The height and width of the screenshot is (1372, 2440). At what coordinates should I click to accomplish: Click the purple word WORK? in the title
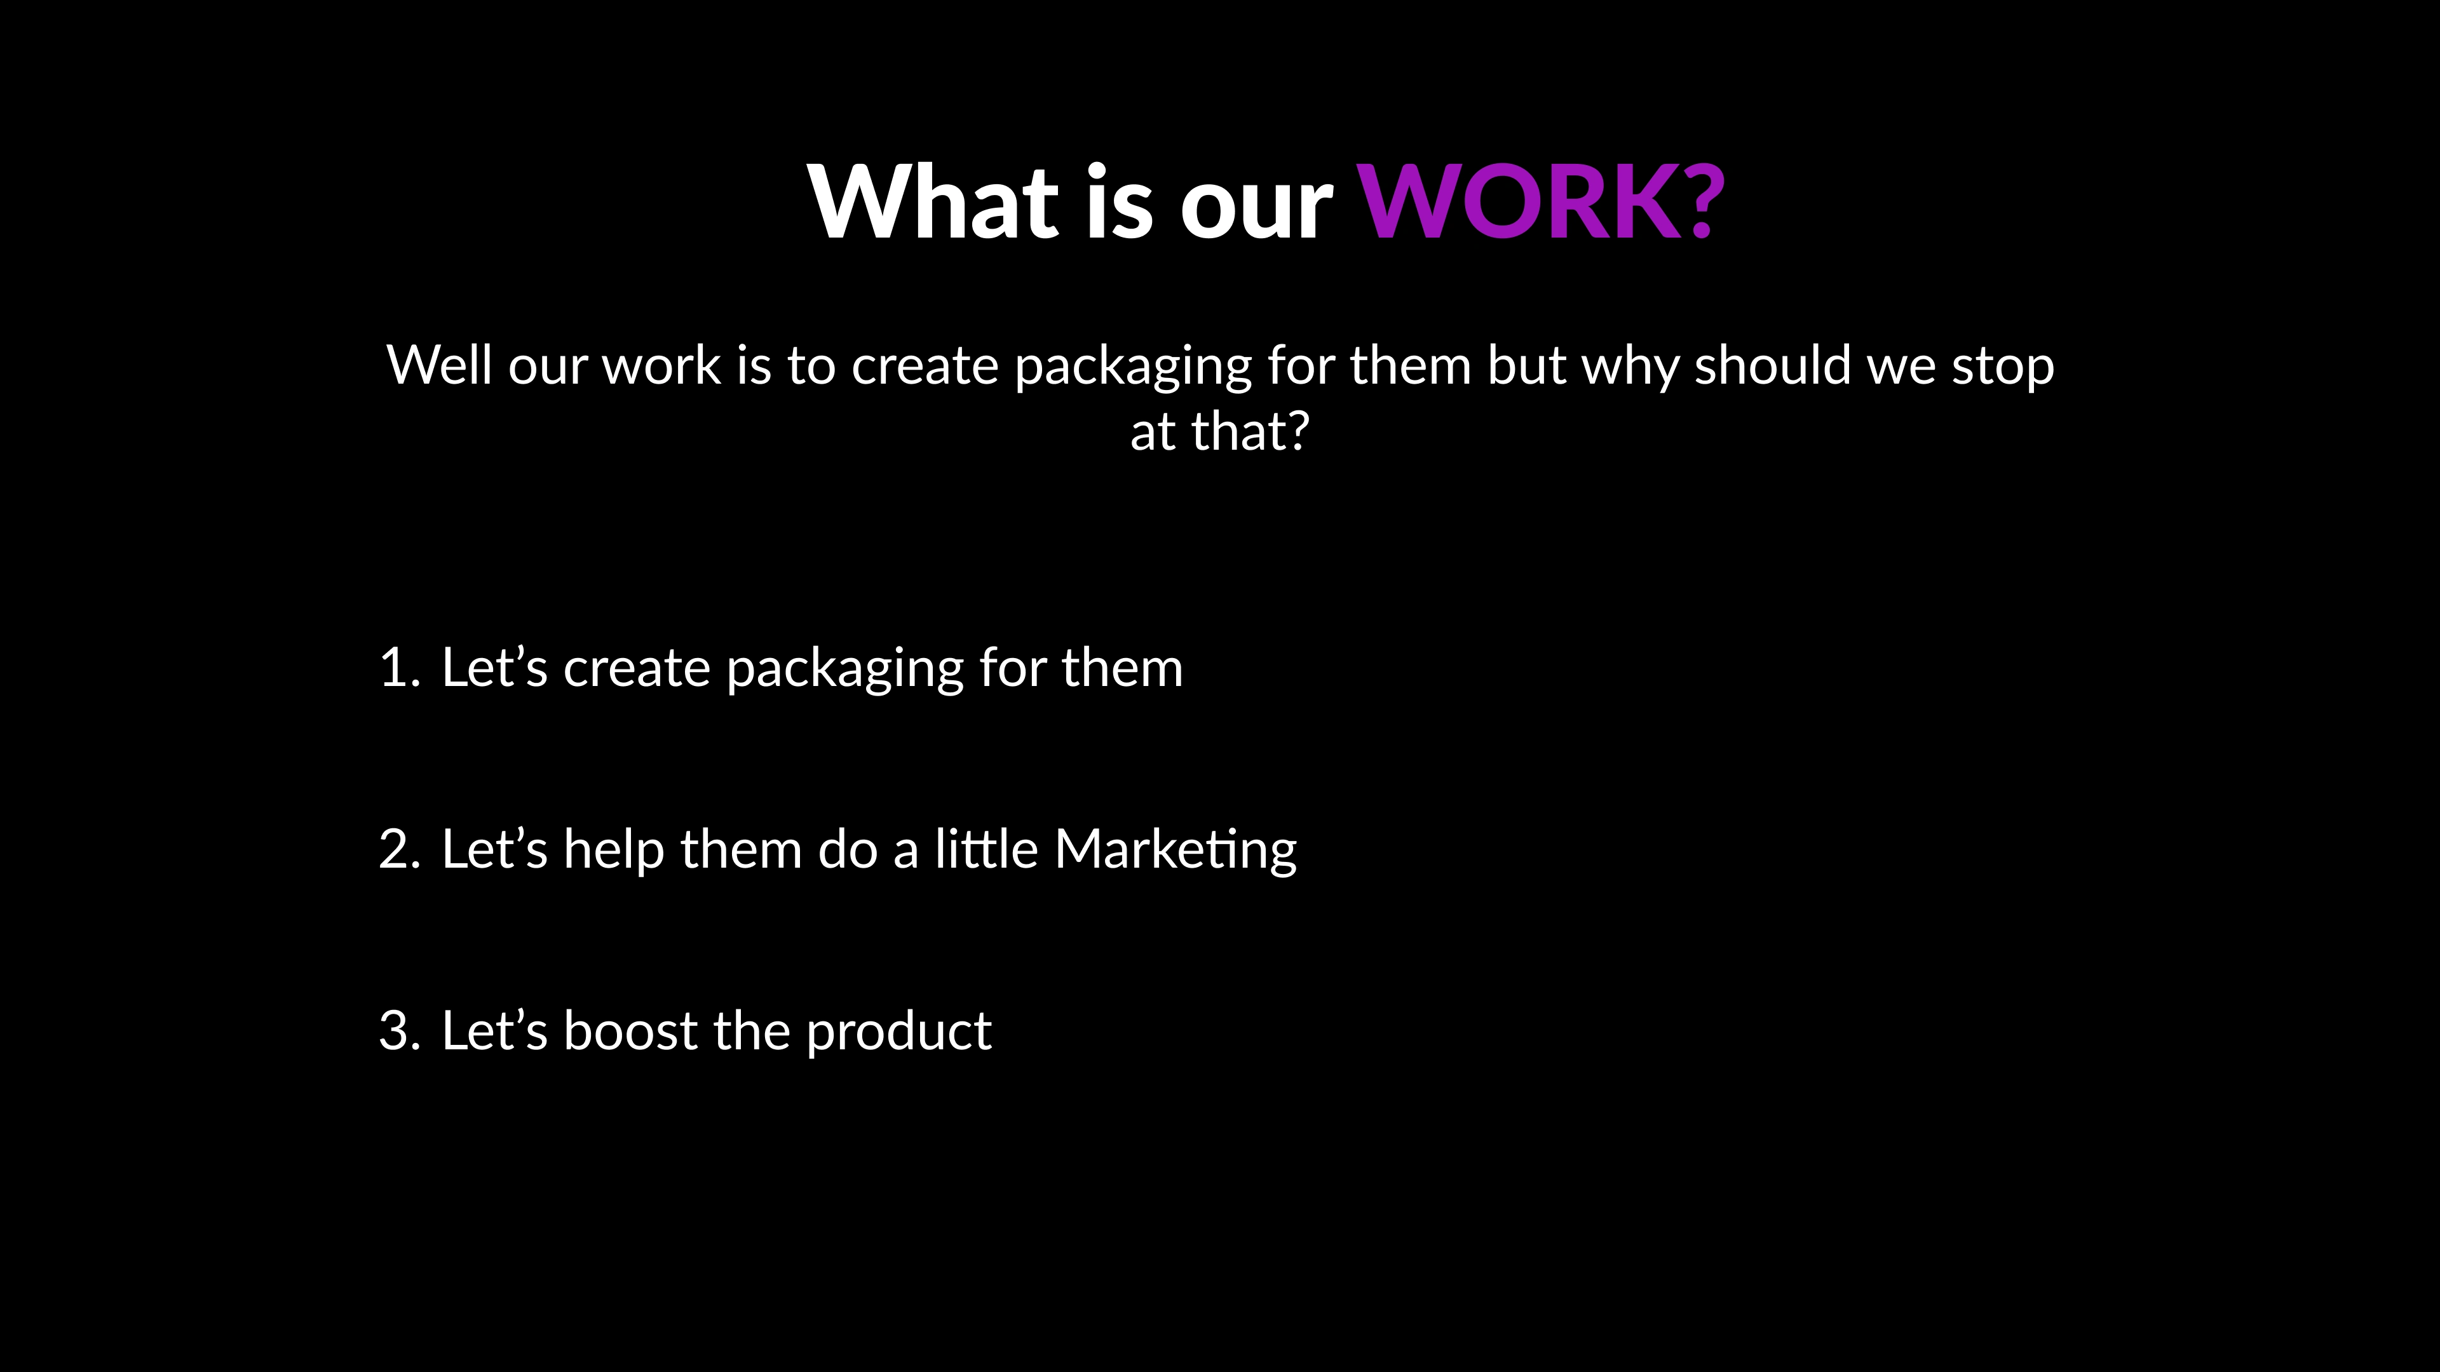[1541, 202]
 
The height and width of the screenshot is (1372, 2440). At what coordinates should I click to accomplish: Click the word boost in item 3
[630, 1030]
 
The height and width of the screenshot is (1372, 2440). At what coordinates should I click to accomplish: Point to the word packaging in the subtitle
[1133, 367]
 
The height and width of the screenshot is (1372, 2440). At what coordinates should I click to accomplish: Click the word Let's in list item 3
[494, 1030]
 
